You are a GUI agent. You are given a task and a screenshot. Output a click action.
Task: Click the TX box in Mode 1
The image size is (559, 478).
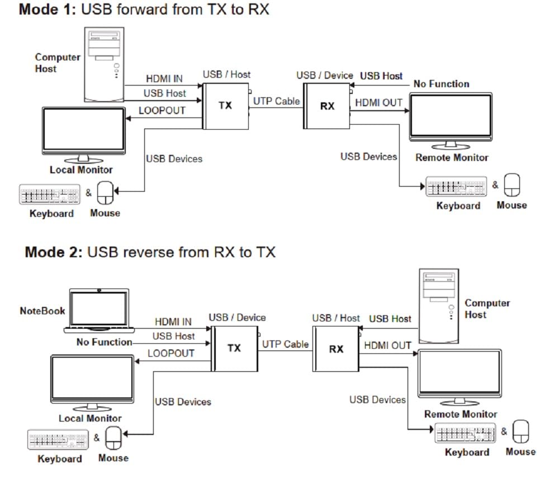coord(225,106)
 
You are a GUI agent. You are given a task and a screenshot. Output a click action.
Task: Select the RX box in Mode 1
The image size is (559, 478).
coord(327,106)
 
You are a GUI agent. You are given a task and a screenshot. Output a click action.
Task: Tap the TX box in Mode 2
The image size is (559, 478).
coord(234,348)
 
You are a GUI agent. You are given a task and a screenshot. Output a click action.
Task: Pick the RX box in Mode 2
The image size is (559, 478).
coord(336,349)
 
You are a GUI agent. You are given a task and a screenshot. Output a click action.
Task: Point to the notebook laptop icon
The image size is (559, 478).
coord(99,309)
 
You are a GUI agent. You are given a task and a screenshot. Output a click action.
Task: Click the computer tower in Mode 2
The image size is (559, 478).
coord(439,305)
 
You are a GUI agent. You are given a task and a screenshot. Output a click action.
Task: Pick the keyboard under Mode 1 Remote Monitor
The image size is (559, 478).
coord(455,187)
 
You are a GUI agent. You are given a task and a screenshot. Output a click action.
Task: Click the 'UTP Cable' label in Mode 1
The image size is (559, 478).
coord(276,102)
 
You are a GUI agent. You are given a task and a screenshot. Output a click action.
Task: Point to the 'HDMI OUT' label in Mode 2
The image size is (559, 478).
coord(387,346)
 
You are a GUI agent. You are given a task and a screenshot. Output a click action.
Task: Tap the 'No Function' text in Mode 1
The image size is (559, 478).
coord(441,84)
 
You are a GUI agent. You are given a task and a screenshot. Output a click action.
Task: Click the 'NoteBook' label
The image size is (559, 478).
coord(42,311)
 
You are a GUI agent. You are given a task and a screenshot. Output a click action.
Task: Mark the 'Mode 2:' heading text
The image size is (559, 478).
coord(54,252)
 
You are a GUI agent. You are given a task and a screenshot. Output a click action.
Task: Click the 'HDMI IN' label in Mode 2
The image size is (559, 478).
coord(173,322)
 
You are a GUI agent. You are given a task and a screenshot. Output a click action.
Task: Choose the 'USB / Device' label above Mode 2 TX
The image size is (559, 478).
coord(237,318)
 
